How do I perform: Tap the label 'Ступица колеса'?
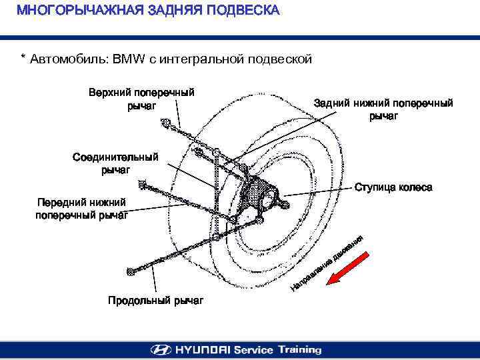coord(393,187)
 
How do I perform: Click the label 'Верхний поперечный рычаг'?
coord(141,98)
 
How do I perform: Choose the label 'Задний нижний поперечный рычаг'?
coord(383,109)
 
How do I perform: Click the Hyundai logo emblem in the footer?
coord(161,349)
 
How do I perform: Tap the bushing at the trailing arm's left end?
coord(131,271)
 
